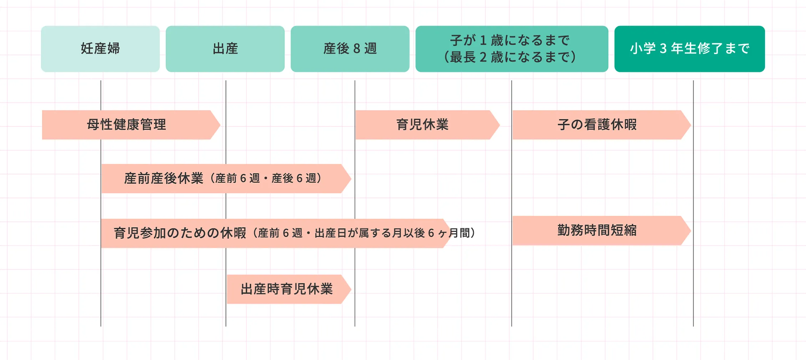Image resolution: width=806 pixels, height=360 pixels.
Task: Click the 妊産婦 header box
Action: (x=100, y=49)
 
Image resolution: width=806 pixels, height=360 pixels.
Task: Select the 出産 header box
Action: (x=225, y=49)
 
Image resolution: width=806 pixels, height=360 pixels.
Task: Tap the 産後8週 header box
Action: (x=350, y=49)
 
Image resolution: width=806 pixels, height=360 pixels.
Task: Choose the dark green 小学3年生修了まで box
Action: (x=689, y=49)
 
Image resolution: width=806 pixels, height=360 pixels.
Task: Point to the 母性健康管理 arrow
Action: (x=127, y=125)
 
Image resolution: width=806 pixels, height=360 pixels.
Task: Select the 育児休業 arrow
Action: (x=423, y=125)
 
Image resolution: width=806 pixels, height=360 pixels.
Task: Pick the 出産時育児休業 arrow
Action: (x=286, y=289)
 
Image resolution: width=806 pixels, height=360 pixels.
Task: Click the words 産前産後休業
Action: (x=164, y=179)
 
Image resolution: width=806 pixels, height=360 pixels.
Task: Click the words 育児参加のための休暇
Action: (x=180, y=233)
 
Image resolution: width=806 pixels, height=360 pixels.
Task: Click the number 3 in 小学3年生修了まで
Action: (x=663, y=49)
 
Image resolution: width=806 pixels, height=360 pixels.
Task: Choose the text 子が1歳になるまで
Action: (x=510, y=40)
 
